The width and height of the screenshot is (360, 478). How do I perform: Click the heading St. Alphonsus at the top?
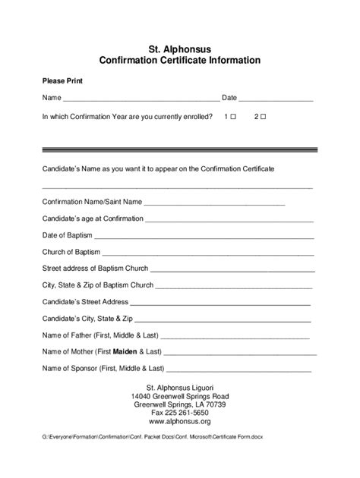[179, 48]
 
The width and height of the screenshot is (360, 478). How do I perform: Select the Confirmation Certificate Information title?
[179, 60]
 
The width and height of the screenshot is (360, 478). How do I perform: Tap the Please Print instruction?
[62, 80]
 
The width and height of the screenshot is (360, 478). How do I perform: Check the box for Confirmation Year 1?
[233, 117]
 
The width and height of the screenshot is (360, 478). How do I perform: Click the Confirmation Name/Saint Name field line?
[214, 203]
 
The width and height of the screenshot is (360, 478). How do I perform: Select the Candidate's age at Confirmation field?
[229, 219]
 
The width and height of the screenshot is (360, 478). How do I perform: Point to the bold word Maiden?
[125, 353]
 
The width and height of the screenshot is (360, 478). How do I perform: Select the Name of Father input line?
[235, 336]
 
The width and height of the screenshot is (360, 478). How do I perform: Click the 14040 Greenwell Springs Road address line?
[179, 396]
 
